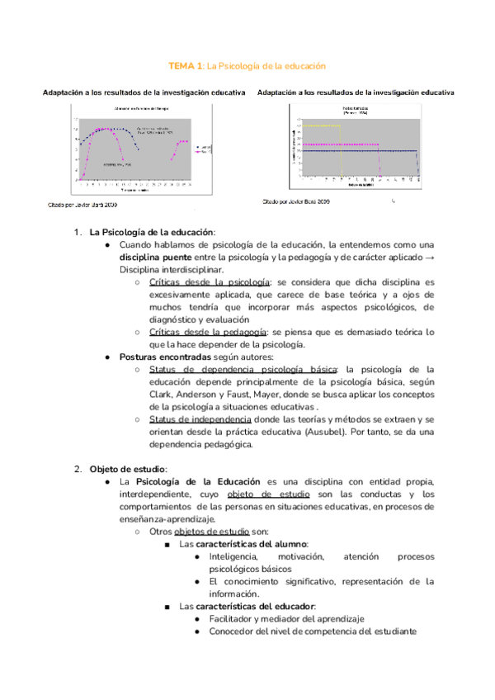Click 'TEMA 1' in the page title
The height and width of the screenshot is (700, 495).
(186, 64)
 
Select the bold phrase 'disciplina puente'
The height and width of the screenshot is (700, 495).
(160, 256)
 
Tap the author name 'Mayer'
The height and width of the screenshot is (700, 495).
(282, 395)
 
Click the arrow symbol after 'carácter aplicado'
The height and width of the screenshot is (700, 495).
(429, 256)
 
